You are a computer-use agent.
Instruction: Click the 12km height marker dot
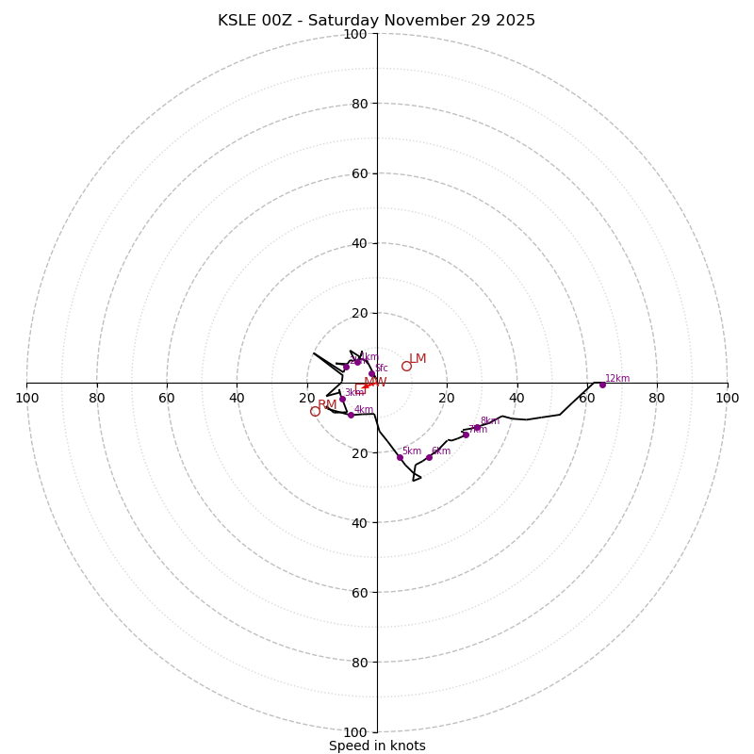coord(602,385)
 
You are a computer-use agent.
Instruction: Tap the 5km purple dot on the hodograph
coord(400,457)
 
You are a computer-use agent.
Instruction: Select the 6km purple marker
coord(429,457)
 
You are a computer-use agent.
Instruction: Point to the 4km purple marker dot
coord(351,415)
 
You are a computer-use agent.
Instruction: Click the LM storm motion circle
coord(406,367)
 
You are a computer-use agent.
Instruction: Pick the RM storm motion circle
coord(315,412)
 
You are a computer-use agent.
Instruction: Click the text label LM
coord(418,359)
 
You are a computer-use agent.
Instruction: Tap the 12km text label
coord(617,379)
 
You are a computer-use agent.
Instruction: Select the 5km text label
coord(412,451)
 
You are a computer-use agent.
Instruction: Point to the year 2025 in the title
coord(516,21)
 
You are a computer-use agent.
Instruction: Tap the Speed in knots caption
coord(377,746)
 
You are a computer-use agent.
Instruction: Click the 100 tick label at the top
coord(355,34)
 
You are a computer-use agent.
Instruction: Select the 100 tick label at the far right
coord(728,398)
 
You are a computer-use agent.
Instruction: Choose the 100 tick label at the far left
coord(26,398)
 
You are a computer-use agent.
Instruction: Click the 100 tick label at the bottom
coord(355,731)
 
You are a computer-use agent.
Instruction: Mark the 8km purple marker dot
coord(477,428)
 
